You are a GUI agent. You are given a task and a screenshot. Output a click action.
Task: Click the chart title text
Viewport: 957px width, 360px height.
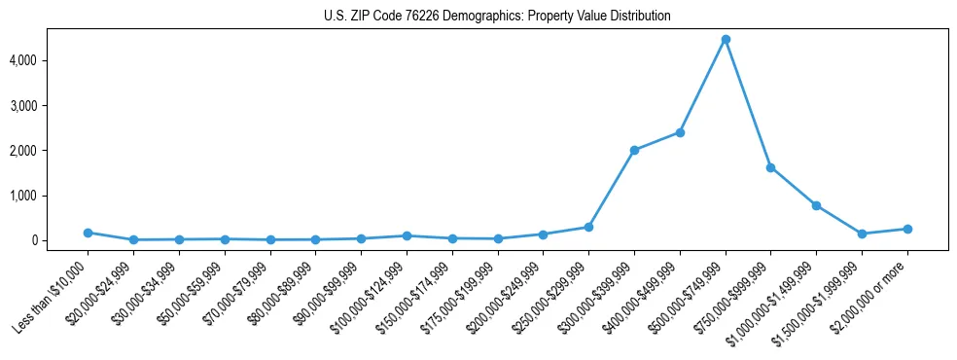(497, 17)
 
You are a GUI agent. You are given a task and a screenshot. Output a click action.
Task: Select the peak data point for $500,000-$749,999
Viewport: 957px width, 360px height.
(726, 40)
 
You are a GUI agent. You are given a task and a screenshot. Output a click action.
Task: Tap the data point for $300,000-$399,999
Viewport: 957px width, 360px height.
(634, 150)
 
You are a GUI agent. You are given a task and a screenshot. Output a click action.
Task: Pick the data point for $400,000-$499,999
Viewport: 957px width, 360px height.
(680, 132)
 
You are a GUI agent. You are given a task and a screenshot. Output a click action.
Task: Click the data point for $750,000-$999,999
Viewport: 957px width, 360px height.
(770, 167)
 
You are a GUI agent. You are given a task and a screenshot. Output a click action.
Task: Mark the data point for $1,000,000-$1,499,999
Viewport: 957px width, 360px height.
(816, 205)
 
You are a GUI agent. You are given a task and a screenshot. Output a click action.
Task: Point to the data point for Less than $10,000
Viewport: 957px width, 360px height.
(88, 233)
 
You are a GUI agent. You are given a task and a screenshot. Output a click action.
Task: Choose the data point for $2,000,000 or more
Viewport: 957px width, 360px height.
(907, 229)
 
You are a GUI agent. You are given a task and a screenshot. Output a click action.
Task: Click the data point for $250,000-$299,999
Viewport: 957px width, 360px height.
(588, 227)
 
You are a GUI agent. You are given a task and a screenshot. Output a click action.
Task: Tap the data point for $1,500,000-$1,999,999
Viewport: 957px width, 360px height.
(862, 234)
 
